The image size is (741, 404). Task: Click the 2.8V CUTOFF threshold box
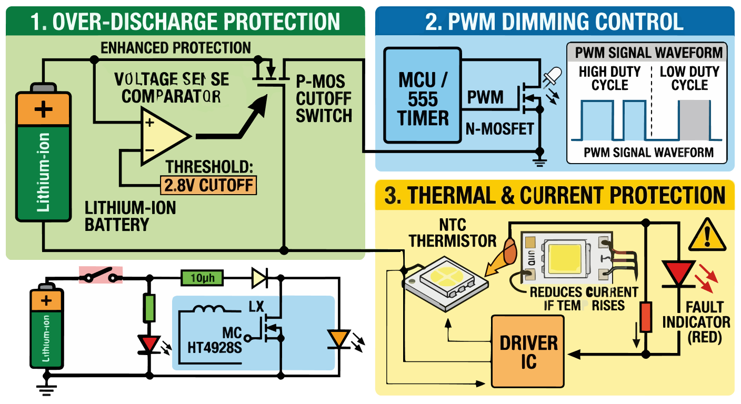click(x=208, y=185)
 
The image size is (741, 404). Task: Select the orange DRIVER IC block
click(x=528, y=352)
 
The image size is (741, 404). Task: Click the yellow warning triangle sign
click(x=707, y=235)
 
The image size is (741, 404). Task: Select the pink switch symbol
click(x=101, y=275)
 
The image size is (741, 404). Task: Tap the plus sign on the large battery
click(x=43, y=110)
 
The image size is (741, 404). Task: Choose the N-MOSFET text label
click(x=500, y=128)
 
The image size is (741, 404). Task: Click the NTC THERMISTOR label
click(x=453, y=233)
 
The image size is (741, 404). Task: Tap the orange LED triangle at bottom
click(x=337, y=338)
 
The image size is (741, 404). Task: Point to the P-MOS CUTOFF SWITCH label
click(x=323, y=98)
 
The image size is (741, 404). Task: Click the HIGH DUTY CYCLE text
click(x=609, y=78)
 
